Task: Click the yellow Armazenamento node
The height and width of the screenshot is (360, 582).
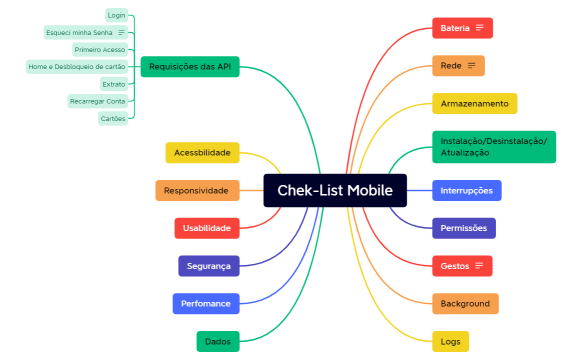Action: tap(474, 103)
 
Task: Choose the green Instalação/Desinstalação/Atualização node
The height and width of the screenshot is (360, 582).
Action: tap(493, 147)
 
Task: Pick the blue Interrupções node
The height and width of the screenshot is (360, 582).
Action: tap(466, 190)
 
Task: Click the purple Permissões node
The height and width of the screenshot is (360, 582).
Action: tap(463, 228)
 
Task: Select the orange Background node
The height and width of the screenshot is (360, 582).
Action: tap(465, 303)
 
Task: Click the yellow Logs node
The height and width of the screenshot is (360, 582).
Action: tap(451, 341)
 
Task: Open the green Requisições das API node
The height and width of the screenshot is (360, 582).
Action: tap(189, 67)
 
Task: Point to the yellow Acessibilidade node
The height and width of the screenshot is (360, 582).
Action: tap(202, 152)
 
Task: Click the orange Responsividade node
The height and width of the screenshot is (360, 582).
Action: tap(197, 190)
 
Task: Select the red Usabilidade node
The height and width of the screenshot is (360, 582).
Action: tap(206, 228)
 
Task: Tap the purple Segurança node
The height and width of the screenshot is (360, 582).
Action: tap(208, 266)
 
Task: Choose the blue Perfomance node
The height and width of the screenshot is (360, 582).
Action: tap(205, 303)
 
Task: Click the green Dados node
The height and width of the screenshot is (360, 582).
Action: tap(217, 341)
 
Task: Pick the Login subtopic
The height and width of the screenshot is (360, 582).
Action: tap(116, 15)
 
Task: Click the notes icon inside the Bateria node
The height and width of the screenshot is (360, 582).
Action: tap(480, 28)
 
